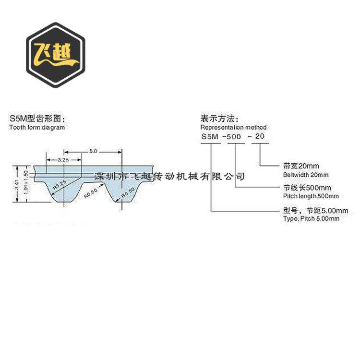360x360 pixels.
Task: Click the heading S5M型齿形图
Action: (x=36, y=119)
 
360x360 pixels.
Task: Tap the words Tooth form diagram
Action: (x=37, y=127)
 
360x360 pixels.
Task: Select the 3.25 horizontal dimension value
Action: (x=62, y=159)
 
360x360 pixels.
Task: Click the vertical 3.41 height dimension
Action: (x=17, y=185)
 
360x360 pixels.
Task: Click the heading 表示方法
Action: (x=219, y=119)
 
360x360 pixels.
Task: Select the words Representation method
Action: (x=233, y=127)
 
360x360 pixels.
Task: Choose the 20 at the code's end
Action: (x=260, y=137)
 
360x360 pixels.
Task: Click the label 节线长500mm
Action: (x=301, y=188)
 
